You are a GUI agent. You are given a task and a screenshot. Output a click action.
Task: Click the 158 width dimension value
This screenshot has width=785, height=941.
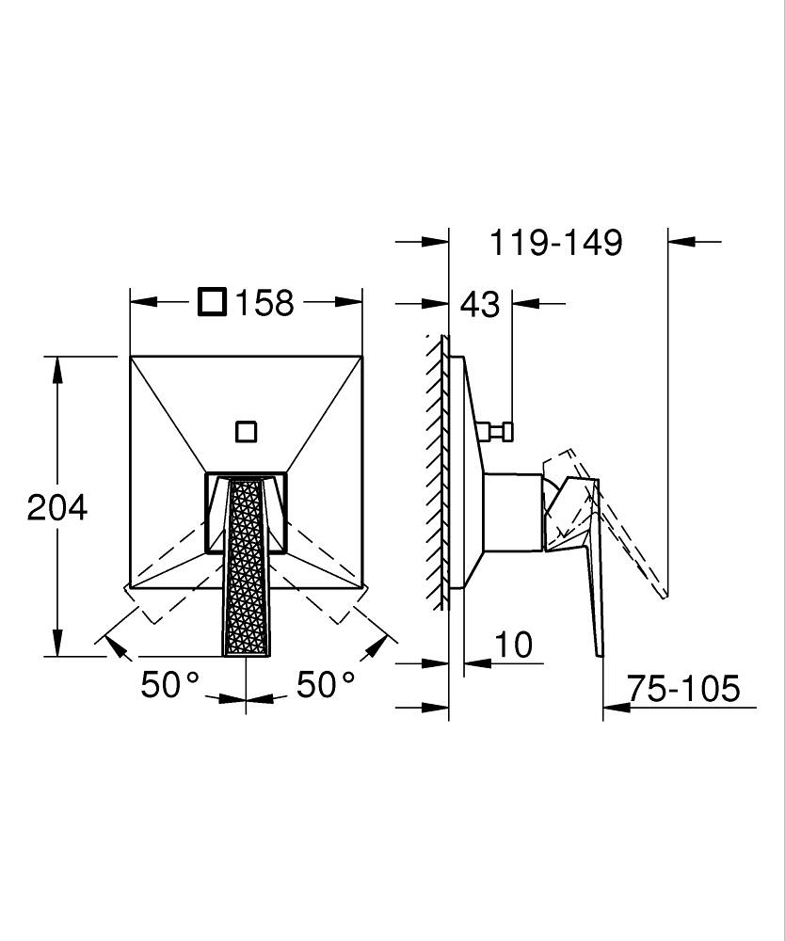(264, 303)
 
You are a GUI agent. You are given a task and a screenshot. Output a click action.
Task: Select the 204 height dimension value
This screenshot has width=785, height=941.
(57, 508)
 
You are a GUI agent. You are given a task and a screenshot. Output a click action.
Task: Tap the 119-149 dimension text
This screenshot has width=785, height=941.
(556, 243)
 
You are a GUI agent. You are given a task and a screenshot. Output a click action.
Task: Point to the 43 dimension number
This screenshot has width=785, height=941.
(479, 304)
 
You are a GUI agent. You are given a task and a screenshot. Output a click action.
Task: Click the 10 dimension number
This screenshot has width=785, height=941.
(514, 645)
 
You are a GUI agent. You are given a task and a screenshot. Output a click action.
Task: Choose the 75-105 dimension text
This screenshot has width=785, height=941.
(683, 688)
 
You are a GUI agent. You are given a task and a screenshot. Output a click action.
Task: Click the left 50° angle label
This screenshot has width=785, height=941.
(169, 685)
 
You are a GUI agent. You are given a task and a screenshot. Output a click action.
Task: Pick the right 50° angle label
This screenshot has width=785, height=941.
(326, 685)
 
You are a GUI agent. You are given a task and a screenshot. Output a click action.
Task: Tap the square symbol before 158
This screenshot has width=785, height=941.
(213, 302)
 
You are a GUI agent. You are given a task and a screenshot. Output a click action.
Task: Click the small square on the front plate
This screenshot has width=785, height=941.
(246, 432)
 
